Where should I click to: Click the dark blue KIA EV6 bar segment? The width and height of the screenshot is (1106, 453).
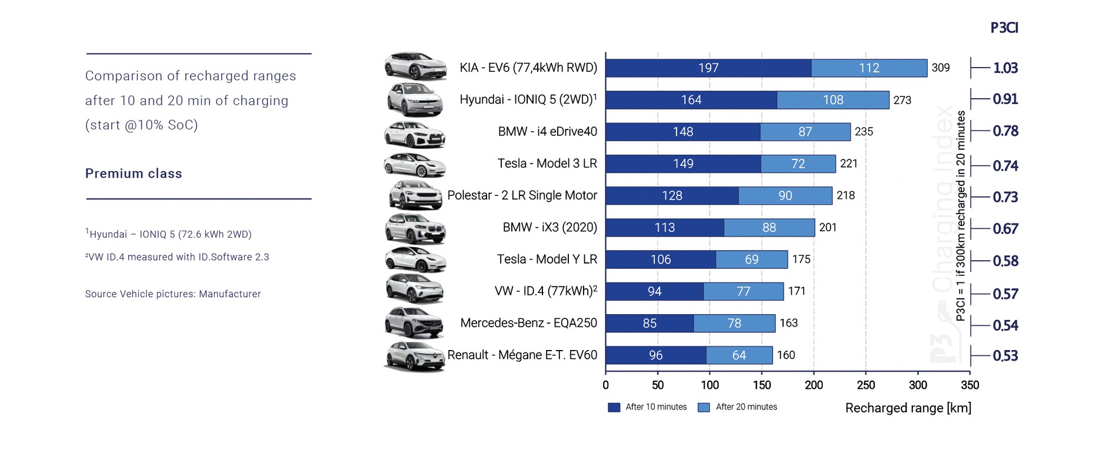(708, 68)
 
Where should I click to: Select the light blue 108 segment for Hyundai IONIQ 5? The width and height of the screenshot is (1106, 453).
(832, 100)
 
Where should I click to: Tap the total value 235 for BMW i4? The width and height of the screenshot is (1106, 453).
(864, 132)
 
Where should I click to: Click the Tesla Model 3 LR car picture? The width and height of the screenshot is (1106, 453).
(414, 165)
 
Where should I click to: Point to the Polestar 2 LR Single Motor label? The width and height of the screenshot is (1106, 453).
(522, 195)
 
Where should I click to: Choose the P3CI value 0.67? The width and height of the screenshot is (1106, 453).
(1005, 229)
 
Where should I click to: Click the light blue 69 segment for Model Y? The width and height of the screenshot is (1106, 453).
(751, 259)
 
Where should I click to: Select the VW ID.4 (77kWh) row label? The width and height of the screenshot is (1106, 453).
(545, 291)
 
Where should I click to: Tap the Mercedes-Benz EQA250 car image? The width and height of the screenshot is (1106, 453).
(414, 322)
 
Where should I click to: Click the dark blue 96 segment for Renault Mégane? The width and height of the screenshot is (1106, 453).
(655, 355)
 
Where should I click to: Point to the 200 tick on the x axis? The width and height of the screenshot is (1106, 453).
(814, 385)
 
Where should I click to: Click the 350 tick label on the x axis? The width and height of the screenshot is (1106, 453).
(970, 385)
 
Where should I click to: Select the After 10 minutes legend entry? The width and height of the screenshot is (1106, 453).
(648, 407)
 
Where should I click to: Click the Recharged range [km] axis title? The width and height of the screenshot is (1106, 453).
(908, 408)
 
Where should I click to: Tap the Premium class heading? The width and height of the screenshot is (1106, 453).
(134, 174)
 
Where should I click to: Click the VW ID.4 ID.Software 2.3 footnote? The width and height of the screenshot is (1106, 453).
(177, 257)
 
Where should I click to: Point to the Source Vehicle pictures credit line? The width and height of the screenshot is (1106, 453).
(173, 294)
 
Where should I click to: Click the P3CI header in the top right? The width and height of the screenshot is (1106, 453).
(1004, 28)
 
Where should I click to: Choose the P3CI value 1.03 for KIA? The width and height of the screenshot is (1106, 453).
(1005, 68)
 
